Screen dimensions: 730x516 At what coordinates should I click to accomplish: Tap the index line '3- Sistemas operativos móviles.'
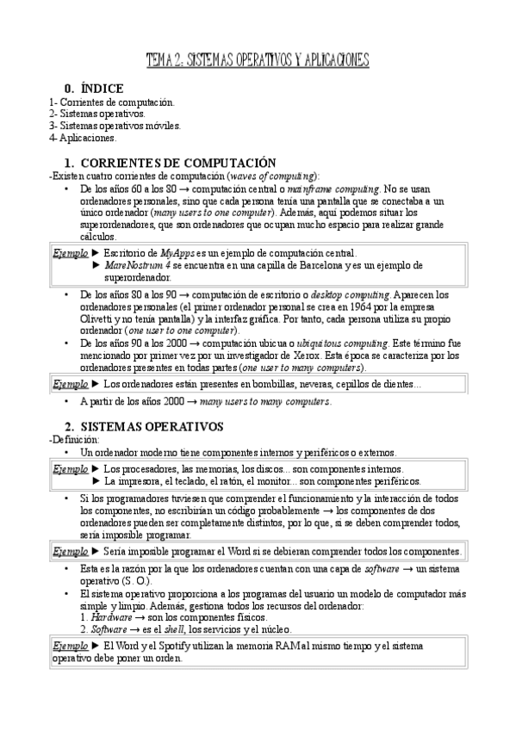[x=115, y=125]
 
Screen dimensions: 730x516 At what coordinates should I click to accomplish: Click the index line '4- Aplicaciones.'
[x=83, y=137]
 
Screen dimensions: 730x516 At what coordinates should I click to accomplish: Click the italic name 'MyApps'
[x=178, y=253]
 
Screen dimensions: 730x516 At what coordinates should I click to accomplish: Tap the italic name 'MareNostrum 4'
[x=137, y=265]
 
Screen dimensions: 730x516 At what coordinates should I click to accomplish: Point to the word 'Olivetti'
[x=96, y=319]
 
